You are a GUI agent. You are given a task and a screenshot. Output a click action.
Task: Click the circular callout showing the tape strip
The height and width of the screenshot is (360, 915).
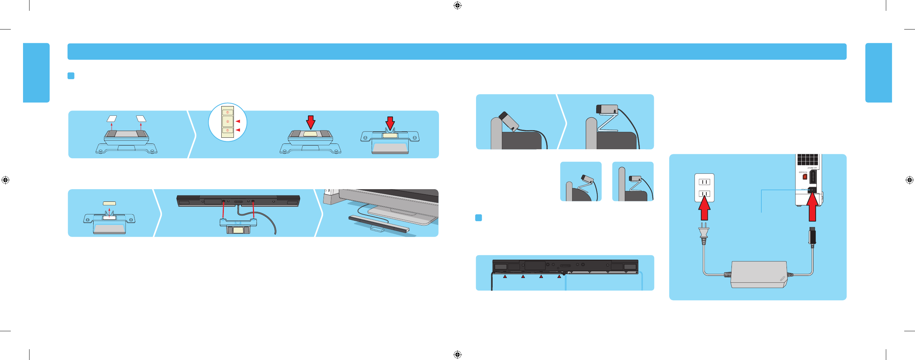[227, 122]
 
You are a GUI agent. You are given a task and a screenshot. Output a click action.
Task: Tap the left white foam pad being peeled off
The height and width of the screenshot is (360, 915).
[112, 118]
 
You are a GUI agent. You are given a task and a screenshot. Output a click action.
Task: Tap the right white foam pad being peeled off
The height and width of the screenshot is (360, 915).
[141, 118]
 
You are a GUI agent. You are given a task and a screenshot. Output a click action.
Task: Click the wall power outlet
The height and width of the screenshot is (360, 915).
[704, 187]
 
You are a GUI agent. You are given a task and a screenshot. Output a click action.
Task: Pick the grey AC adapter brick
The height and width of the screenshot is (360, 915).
[758, 274]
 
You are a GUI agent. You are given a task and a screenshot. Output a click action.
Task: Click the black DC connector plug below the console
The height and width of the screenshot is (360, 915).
[812, 236]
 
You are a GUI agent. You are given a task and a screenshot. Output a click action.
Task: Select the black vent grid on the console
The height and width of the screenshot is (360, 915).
[807, 159]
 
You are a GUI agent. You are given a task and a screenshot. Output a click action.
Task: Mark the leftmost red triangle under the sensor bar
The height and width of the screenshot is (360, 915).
[505, 277]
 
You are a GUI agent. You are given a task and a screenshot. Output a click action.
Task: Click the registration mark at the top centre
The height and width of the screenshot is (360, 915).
[457, 5]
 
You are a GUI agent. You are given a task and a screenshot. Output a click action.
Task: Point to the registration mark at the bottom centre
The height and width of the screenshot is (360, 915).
[457, 355]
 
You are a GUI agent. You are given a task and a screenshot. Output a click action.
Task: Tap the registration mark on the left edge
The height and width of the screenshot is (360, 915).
[5, 180]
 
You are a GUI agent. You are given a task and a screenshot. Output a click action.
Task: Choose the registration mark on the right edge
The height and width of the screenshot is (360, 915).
[909, 180]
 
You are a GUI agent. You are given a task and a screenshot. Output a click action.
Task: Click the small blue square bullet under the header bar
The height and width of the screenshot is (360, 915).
[71, 76]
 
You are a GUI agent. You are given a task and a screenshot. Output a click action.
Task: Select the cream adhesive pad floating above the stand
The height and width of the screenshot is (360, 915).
[109, 203]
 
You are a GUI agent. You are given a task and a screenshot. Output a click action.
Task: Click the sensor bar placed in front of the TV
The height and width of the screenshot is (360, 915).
[379, 224]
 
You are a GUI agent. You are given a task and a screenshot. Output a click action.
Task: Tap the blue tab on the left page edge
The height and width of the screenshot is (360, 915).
[36, 73]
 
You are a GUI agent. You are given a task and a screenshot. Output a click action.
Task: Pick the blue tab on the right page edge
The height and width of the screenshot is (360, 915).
[878, 73]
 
